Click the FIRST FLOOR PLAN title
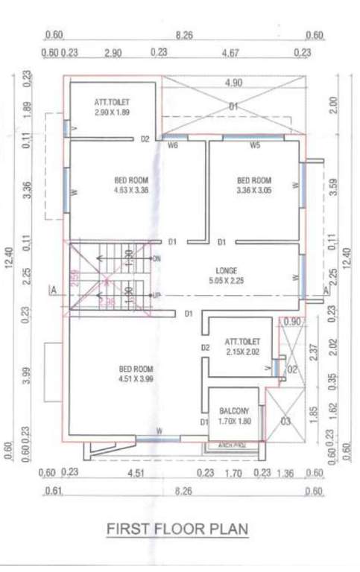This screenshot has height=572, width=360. pos(177,529)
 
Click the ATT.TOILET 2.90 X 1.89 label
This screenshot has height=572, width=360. pos(110,106)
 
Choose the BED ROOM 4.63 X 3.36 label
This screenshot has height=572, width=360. pos(132,185)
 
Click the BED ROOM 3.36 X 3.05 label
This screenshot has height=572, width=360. pos(254,185)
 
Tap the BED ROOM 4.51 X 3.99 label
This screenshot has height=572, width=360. pos(136,374)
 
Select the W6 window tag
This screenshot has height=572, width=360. pos(173,145)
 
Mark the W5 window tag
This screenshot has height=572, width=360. pos(254,145)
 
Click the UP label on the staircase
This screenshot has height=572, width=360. pos(156,296)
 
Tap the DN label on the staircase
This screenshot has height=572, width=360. pos(156,258)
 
